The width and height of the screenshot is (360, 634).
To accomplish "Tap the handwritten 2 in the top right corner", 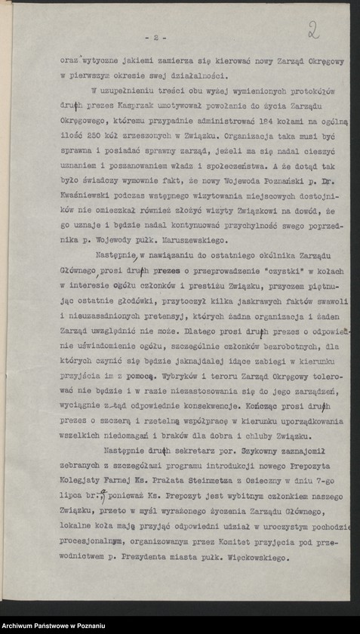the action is [x=314, y=32].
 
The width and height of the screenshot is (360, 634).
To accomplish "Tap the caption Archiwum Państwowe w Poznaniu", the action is [x=53, y=626].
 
